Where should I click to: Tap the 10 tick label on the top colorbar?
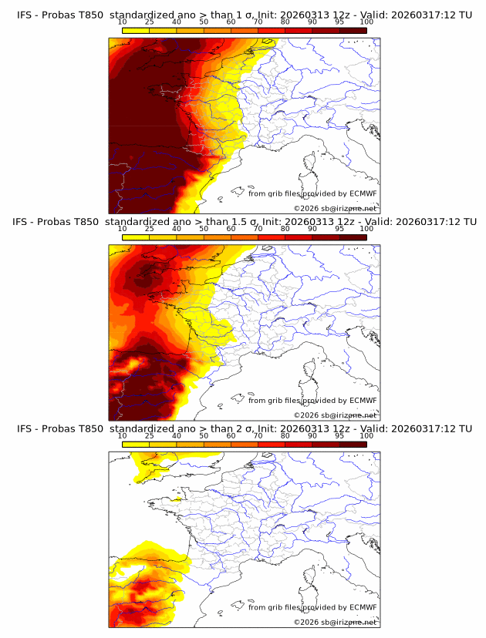(x=122, y=22)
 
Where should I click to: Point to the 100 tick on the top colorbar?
(x=366, y=22)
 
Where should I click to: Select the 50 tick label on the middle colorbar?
(x=204, y=229)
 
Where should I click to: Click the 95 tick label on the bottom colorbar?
(x=339, y=435)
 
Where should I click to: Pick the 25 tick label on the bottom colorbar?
(x=149, y=435)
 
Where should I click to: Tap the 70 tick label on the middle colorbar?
(x=258, y=229)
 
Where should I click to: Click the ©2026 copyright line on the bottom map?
(x=335, y=622)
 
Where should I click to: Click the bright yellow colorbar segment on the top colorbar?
(x=136, y=31)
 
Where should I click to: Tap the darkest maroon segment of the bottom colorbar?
(x=353, y=444)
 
